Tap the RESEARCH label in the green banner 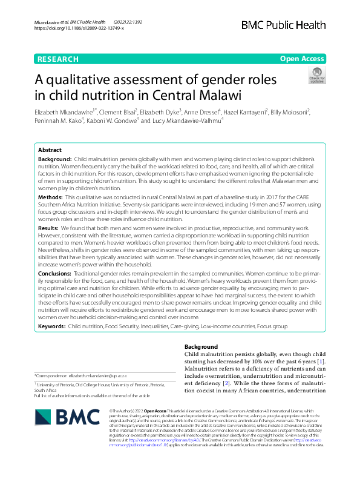point(58,59)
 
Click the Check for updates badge point(316,76)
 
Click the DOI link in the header point(79,28)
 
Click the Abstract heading point(50,150)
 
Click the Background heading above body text point(197,346)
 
